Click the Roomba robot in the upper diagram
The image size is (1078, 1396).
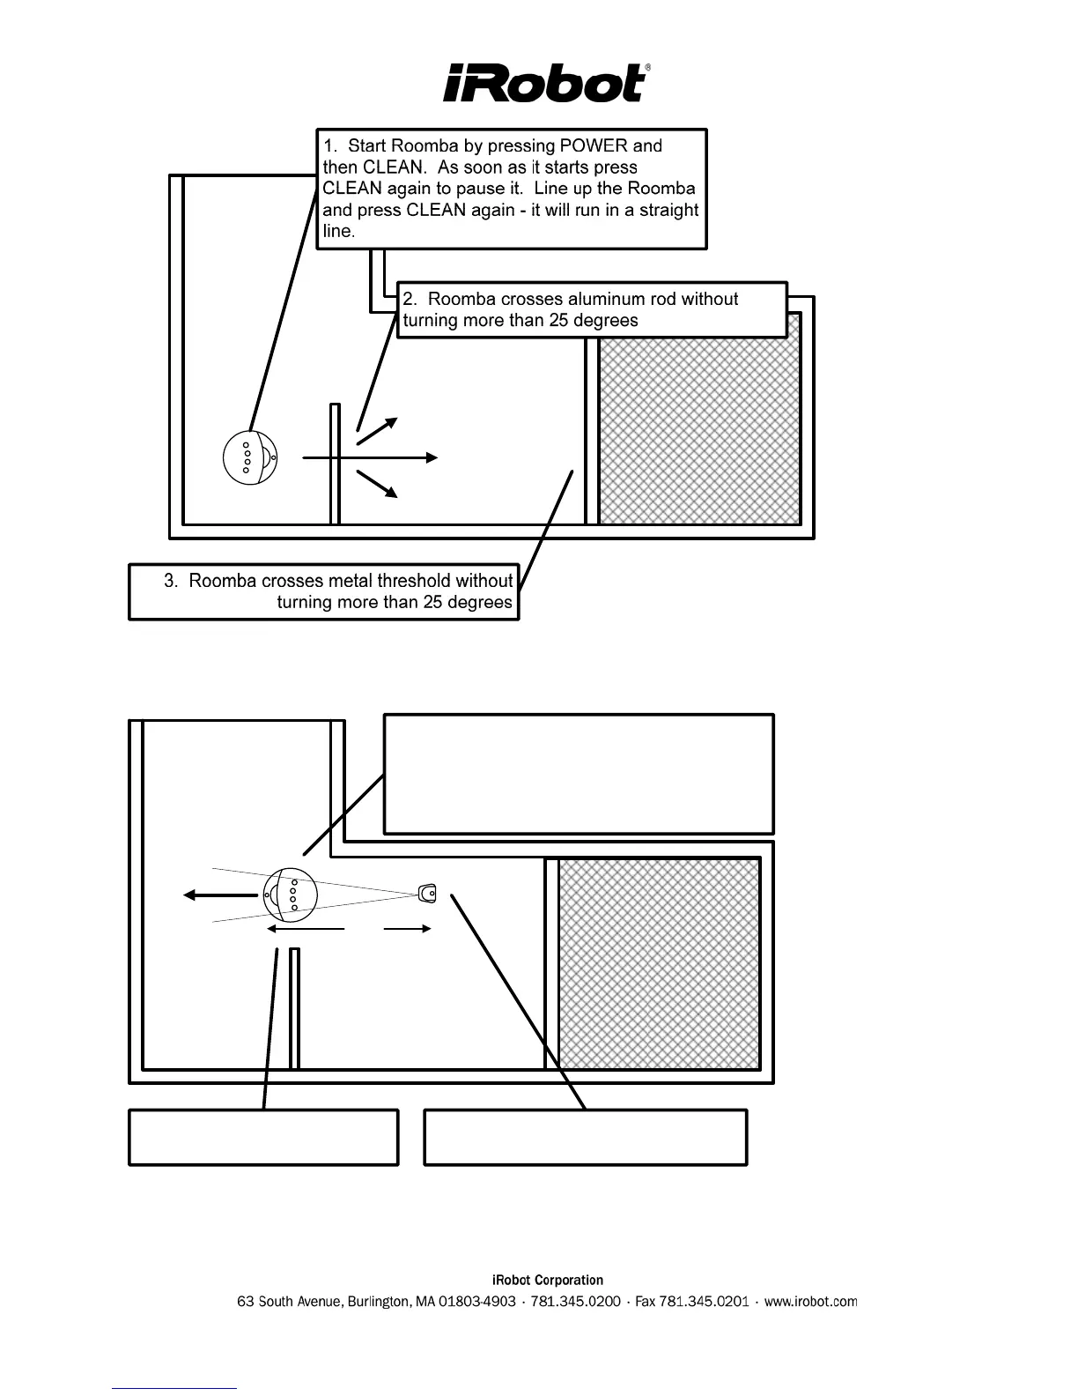[251, 457]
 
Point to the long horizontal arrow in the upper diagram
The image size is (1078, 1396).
[370, 457]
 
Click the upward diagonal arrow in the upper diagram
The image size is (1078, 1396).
[377, 430]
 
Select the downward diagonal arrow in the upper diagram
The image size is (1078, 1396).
[377, 484]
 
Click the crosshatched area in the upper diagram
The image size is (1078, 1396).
[700, 419]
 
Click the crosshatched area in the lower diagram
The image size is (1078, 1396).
[660, 963]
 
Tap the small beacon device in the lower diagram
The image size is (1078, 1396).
[428, 894]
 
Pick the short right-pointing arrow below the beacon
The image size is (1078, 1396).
[408, 928]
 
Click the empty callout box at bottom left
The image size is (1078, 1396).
[263, 1138]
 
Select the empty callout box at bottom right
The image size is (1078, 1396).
[586, 1138]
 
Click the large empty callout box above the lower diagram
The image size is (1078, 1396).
[579, 774]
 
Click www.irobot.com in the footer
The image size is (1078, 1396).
[810, 1302]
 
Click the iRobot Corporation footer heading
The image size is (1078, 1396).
[547, 1281]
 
